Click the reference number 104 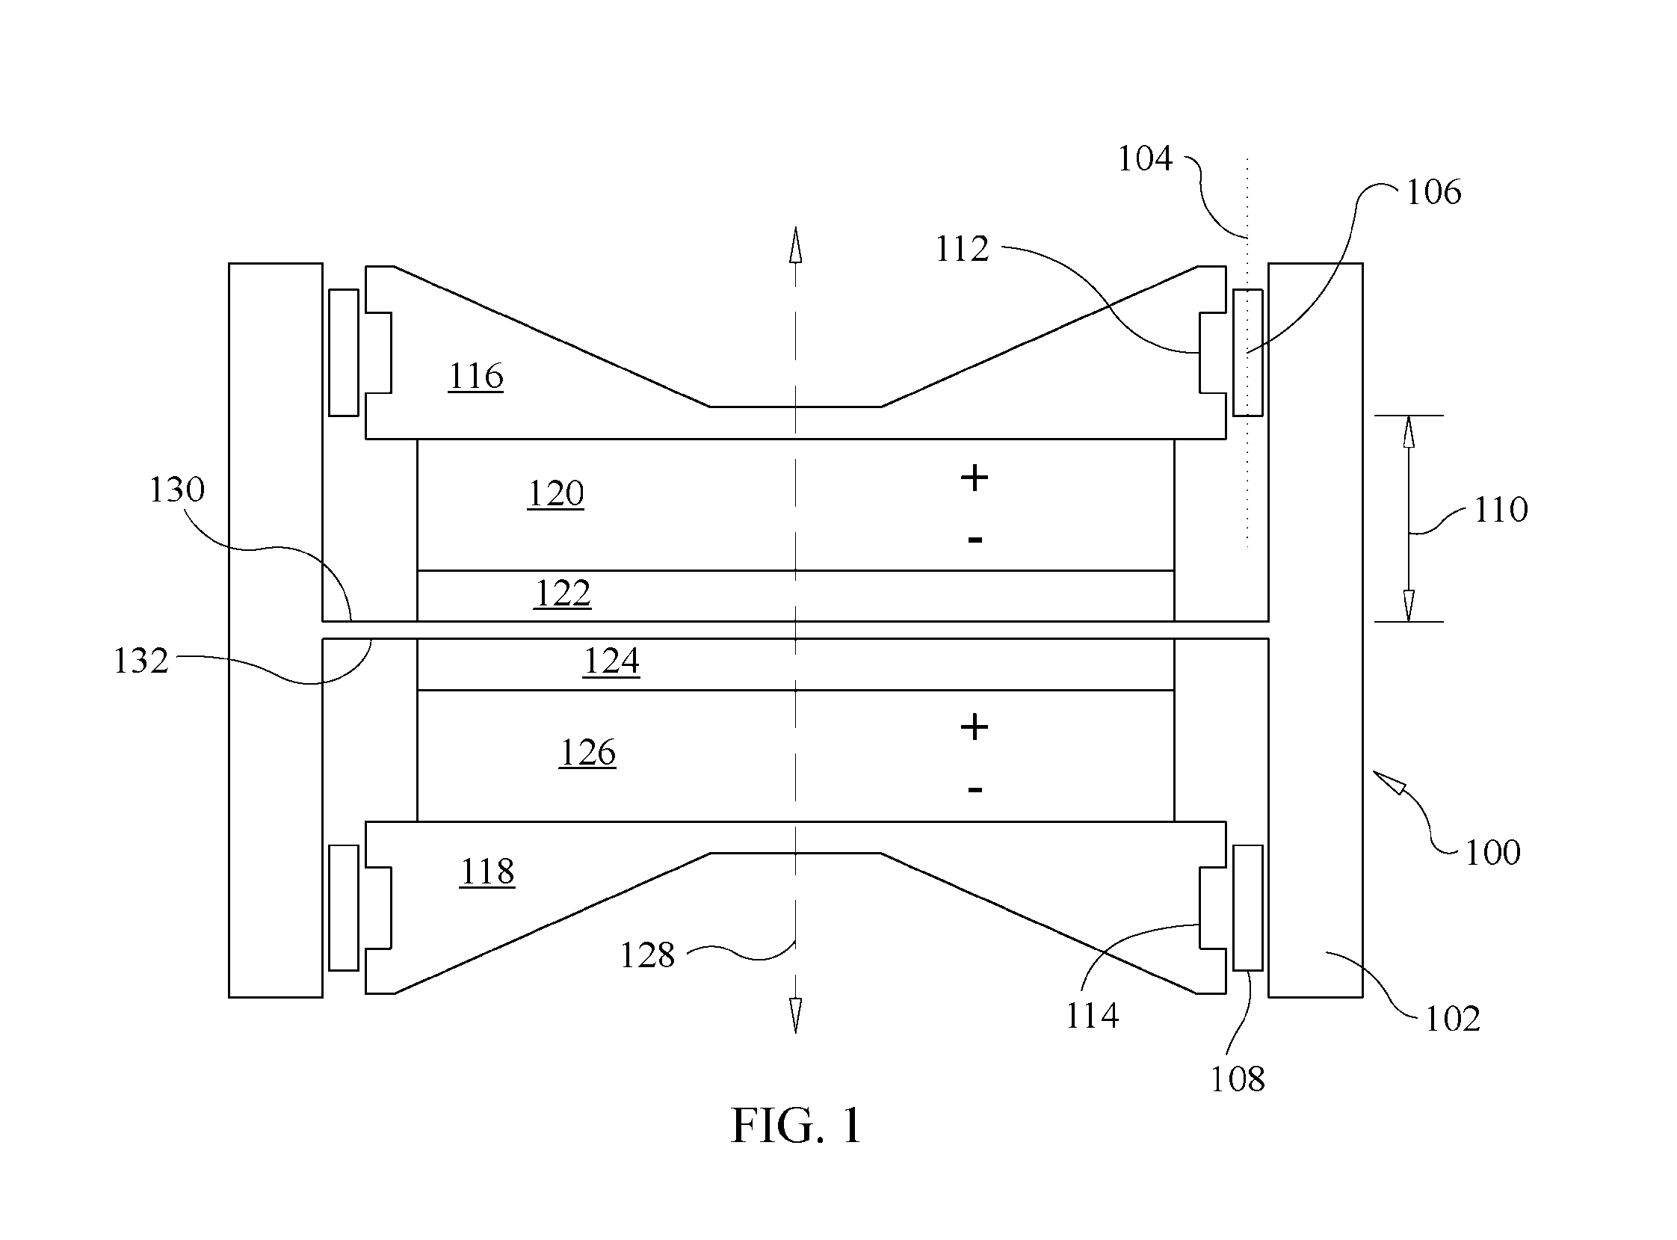click(x=1145, y=158)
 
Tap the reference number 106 click(x=1433, y=192)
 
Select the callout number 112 click(x=962, y=248)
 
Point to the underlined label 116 click(x=476, y=376)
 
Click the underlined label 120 click(x=556, y=493)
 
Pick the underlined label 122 click(x=563, y=593)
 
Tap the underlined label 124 click(x=611, y=661)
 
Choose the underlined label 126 click(x=588, y=752)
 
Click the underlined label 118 click(x=487, y=872)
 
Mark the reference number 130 click(x=176, y=490)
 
